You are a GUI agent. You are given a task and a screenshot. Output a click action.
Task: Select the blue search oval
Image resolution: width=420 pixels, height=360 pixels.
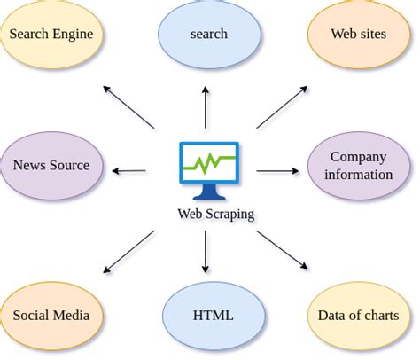tap(208, 35)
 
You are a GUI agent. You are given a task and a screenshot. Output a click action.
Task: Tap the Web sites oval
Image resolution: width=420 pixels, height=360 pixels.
tap(358, 35)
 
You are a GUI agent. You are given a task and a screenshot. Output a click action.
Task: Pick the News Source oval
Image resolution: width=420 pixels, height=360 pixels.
tap(51, 166)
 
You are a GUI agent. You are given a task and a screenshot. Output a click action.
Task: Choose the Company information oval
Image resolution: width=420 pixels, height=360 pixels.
tap(358, 166)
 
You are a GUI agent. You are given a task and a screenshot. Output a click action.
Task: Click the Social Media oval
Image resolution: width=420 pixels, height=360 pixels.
tap(51, 316)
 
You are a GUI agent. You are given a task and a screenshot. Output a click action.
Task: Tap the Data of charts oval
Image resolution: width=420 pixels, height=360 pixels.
tap(358, 316)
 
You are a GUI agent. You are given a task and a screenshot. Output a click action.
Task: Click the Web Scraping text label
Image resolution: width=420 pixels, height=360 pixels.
tap(215, 214)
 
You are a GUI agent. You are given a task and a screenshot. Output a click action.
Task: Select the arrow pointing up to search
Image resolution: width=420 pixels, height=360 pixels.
tap(206, 107)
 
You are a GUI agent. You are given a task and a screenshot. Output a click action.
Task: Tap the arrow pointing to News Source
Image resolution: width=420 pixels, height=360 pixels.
tap(130, 170)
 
